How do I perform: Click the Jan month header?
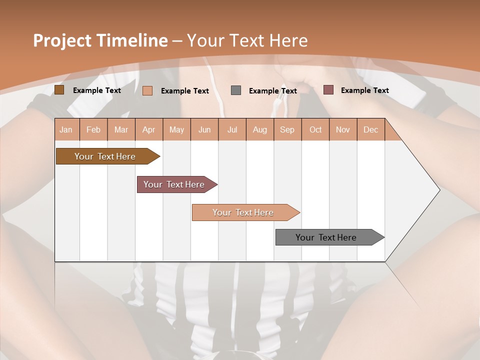click(66, 130)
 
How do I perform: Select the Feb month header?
click(93, 130)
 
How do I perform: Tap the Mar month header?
click(121, 130)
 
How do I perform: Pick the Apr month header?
click(149, 130)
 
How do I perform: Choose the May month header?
click(176, 130)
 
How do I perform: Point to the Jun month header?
click(204, 130)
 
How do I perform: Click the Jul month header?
click(232, 130)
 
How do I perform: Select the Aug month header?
click(260, 130)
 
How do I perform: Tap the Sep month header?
click(287, 130)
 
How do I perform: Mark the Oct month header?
click(315, 130)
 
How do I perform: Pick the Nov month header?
click(343, 130)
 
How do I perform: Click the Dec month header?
click(370, 130)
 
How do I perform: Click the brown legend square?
click(59, 90)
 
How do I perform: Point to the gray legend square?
click(236, 90)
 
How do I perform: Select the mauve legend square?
click(328, 90)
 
